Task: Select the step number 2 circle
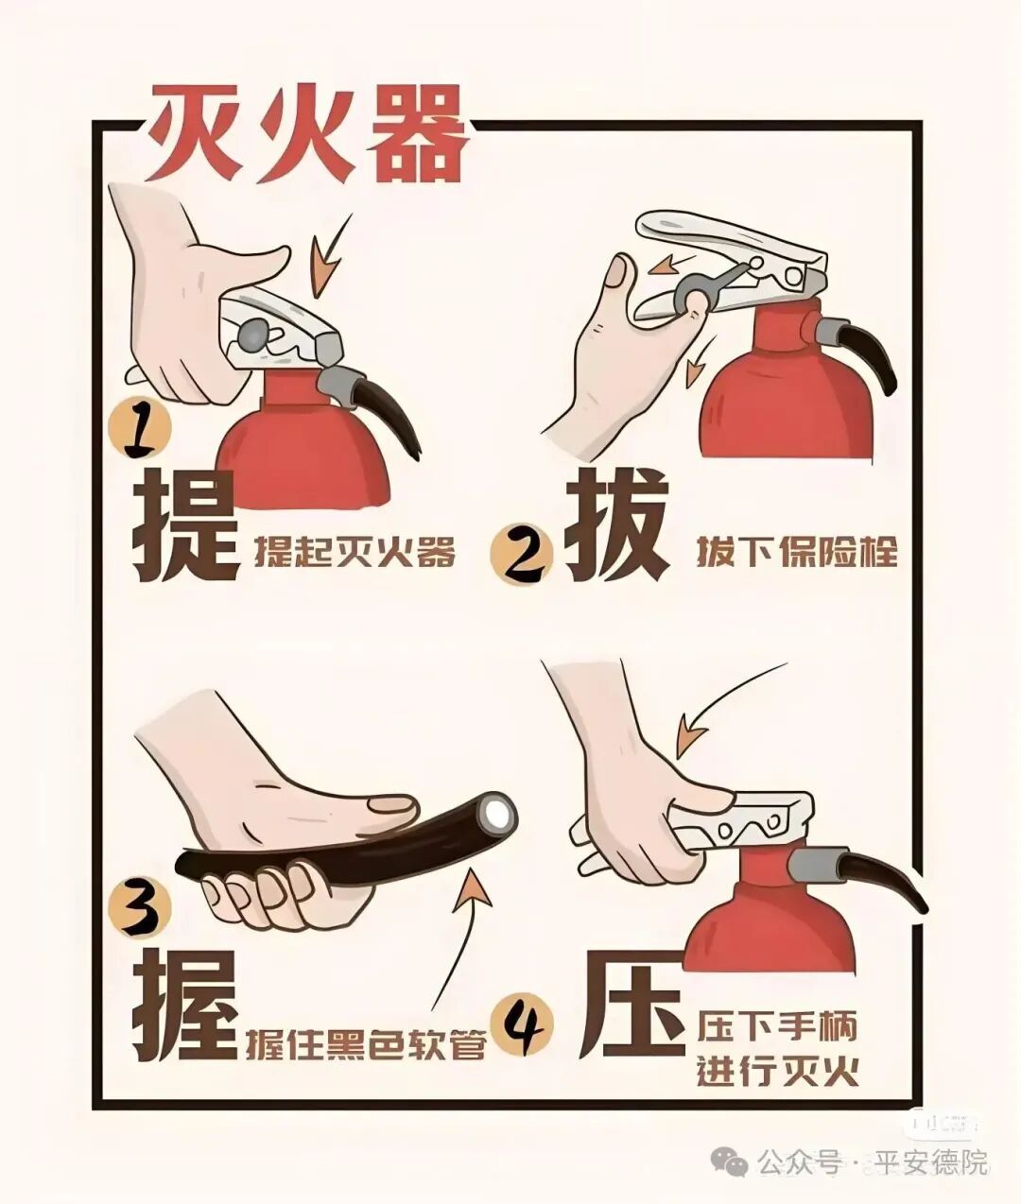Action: tap(521, 554)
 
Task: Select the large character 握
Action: tap(184, 1006)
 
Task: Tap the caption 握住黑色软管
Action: tap(365, 1042)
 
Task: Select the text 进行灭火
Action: tap(778, 1071)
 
